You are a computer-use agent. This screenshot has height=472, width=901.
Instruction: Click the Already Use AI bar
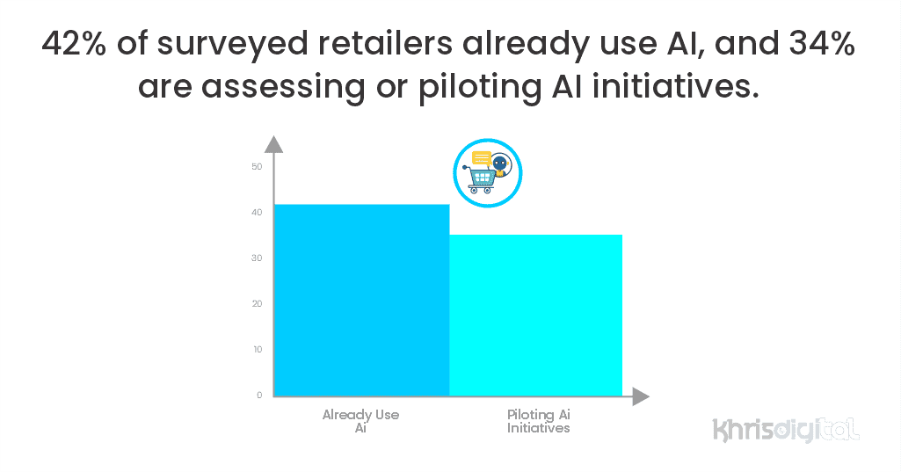tap(362, 300)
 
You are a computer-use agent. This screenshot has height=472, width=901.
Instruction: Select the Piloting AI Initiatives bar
tap(536, 315)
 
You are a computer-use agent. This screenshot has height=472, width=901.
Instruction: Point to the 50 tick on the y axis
tap(257, 167)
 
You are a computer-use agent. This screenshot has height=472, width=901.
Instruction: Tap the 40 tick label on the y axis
tap(257, 213)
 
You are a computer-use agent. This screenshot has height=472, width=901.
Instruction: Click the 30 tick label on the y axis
tap(257, 258)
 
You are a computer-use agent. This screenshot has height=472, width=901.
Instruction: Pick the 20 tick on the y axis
tap(257, 304)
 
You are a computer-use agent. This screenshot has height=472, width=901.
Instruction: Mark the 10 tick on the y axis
tap(257, 350)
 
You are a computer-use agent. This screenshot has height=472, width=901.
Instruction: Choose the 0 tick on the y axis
tap(259, 396)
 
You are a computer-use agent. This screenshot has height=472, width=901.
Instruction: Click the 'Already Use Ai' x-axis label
tap(360, 421)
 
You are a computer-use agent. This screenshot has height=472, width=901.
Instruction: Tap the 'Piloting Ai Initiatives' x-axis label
tap(539, 421)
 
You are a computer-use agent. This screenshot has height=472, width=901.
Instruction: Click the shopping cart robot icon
tap(488, 172)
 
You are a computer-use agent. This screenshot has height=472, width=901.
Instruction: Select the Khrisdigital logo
tap(785, 430)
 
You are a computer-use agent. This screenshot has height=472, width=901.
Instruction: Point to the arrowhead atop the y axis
tap(274, 144)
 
